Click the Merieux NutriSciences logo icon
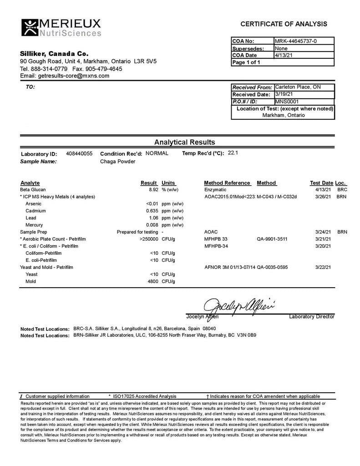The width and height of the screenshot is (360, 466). [30, 27]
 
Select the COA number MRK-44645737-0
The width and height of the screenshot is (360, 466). [296, 41]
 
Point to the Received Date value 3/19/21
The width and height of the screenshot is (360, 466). [283, 94]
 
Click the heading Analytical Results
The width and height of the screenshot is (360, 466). [184, 142]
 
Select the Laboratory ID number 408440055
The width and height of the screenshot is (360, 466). [79, 154]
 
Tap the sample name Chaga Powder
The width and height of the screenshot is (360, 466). [118, 161]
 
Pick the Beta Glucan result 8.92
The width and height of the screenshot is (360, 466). [153, 189]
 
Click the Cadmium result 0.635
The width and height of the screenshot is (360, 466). [152, 211]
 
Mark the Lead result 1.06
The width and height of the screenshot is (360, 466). [153, 218]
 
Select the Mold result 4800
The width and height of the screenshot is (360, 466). [152, 281]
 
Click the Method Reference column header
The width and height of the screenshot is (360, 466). [227, 183]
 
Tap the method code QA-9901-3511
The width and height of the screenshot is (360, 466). [272, 239]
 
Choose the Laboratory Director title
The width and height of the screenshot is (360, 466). [312, 316]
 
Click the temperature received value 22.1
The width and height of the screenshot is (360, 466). [233, 153]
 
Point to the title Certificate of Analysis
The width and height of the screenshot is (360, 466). [283, 24]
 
